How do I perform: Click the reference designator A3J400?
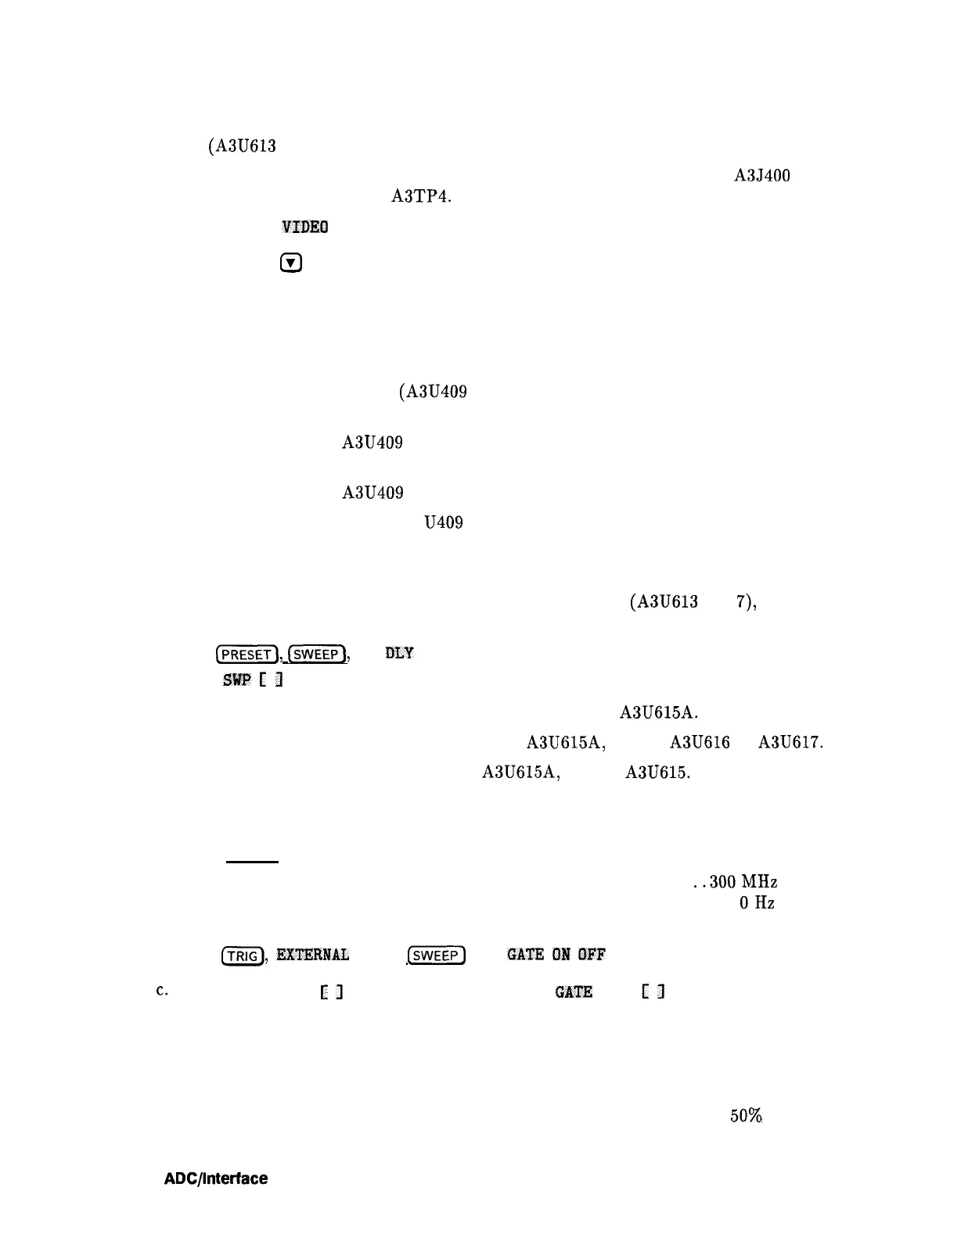coord(761,176)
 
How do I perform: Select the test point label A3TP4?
coord(420,196)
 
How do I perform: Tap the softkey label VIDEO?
coord(304,228)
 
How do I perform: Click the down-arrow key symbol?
coord(290,264)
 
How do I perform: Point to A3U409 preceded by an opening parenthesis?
coord(433,392)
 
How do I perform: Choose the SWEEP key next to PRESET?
coord(316,654)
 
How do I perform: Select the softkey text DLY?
coord(399,653)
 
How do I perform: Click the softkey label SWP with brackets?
coord(252,680)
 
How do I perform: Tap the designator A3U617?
coord(790,742)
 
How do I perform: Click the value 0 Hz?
coord(757,903)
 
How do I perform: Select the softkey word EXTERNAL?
coord(312,955)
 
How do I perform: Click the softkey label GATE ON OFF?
coord(556,955)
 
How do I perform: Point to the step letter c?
coord(161,990)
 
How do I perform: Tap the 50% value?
coord(747,1117)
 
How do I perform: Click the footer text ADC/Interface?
coord(215,1178)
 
